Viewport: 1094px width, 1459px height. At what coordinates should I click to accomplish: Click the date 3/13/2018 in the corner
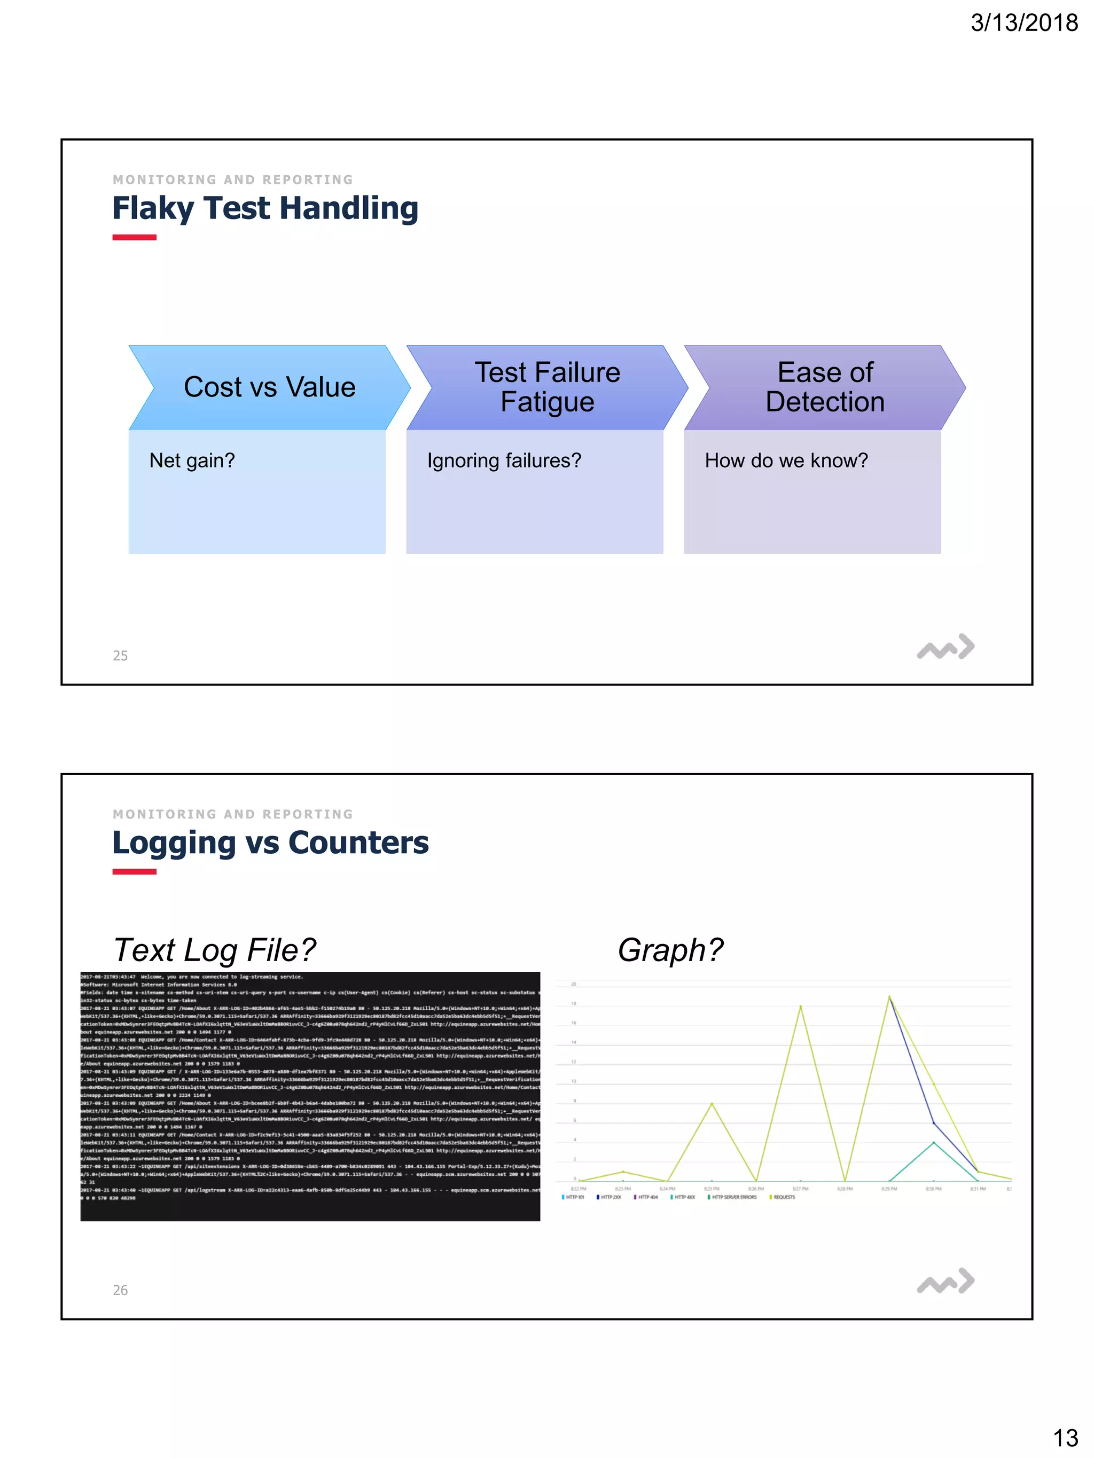(x=1023, y=22)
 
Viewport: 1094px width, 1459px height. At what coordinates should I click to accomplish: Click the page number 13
(x=1065, y=1438)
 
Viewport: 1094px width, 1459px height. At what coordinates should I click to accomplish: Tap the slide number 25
(x=120, y=656)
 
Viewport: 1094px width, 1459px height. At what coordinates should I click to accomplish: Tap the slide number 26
(x=120, y=1290)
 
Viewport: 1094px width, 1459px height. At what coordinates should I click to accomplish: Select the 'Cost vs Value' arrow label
(x=269, y=387)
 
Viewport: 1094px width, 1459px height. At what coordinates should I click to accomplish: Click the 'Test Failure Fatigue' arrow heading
(x=548, y=387)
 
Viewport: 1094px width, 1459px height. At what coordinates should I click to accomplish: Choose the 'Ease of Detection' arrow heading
(x=825, y=387)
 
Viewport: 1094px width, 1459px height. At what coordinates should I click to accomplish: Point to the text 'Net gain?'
(x=192, y=461)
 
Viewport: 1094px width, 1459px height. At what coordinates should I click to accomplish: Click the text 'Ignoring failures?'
(x=504, y=461)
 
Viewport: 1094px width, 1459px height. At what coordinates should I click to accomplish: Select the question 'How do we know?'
(x=786, y=461)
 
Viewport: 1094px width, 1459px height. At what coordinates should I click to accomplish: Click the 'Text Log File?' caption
(x=214, y=950)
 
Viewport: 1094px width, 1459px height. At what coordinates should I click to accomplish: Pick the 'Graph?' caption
(x=670, y=950)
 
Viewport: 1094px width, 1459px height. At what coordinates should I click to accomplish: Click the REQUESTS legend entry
(x=784, y=1197)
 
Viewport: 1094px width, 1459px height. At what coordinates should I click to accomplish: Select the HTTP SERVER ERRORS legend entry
(x=733, y=1197)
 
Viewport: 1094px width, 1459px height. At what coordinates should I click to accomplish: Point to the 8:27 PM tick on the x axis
(x=801, y=1189)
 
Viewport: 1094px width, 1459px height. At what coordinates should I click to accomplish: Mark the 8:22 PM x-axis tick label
(x=579, y=1189)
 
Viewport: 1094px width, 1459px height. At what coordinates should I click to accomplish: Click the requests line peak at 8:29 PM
(x=889, y=997)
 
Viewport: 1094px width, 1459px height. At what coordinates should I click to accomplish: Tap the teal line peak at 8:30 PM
(x=933, y=1142)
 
